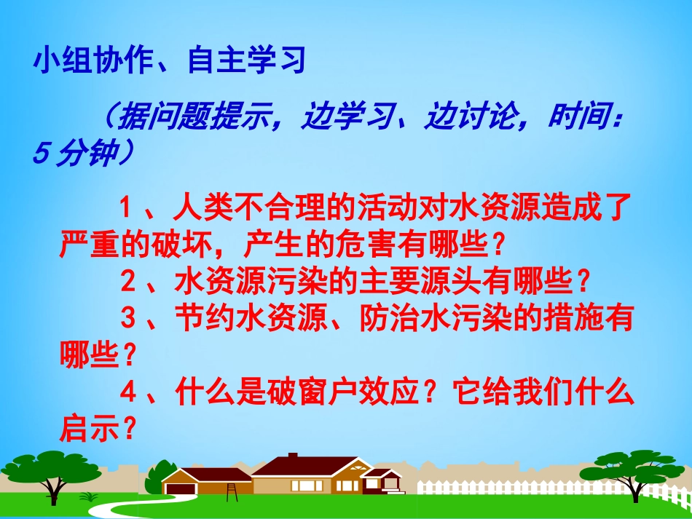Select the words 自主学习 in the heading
click(245, 61)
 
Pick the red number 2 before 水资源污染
click(128, 280)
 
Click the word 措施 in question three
click(575, 318)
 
